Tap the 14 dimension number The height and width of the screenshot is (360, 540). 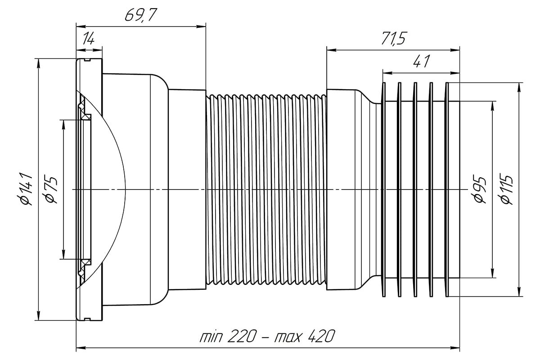(x=89, y=40)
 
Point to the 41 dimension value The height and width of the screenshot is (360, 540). (x=421, y=62)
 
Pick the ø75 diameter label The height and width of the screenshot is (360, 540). (x=51, y=189)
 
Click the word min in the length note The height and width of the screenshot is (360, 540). (x=212, y=336)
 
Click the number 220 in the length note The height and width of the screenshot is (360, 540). (x=243, y=336)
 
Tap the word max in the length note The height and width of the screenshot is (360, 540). (x=289, y=336)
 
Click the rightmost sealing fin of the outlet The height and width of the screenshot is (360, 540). (x=447, y=189)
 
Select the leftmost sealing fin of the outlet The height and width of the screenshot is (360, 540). (x=384, y=189)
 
